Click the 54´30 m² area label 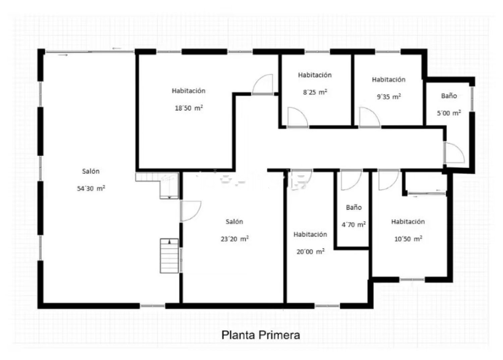[x=91, y=188]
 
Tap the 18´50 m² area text [x=189, y=108]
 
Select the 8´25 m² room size [x=315, y=92]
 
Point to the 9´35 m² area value [x=389, y=96]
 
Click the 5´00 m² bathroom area [x=449, y=113]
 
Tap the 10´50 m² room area [x=408, y=239]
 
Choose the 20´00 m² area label [x=311, y=251]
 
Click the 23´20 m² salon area [x=235, y=239]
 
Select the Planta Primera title [x=261, y=335]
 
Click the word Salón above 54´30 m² [x=91, y=171]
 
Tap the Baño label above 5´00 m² [x=449, y=96]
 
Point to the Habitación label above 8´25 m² [x=315, y=75]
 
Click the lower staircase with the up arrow [x=169, y=256]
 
